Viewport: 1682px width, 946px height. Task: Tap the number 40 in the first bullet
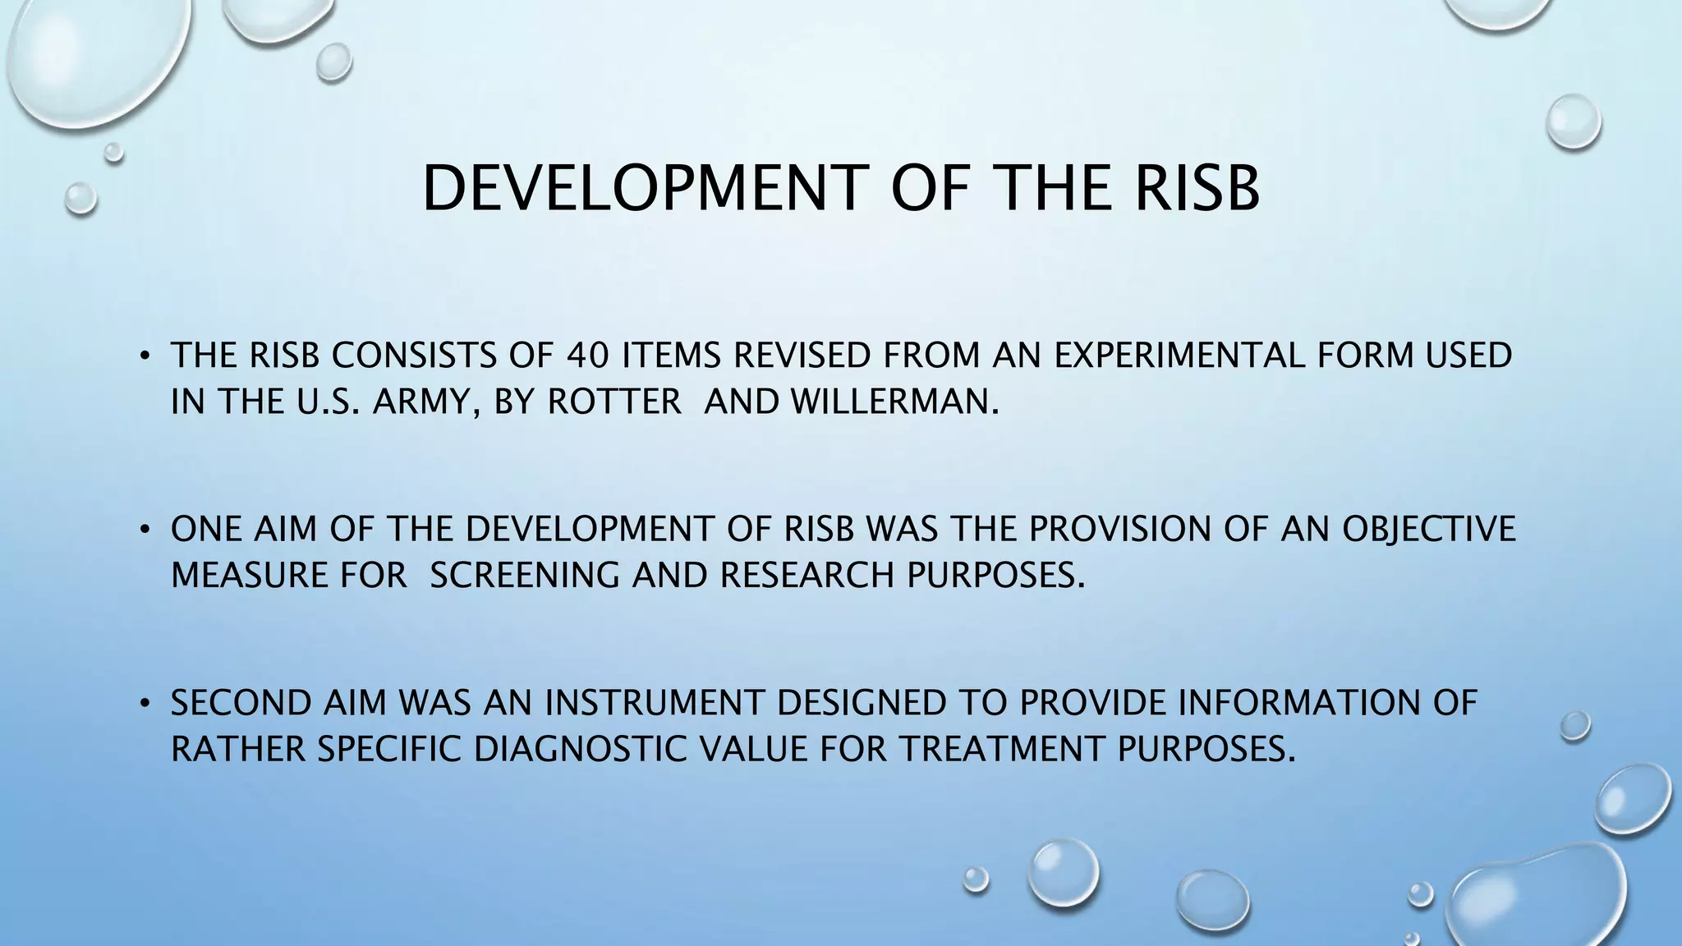[x=588, y=356]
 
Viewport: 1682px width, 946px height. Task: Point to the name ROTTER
[x=614, y=402]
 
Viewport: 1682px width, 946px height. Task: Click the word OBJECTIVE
[x=1428, y=529]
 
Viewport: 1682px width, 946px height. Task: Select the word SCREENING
[x=525, y=575]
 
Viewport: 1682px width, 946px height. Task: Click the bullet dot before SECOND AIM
[x=143, y=704]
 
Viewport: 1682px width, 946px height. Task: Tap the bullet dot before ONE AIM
[x=143, y=530]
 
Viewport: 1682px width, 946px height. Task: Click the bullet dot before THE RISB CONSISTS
[x=143, y=356]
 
